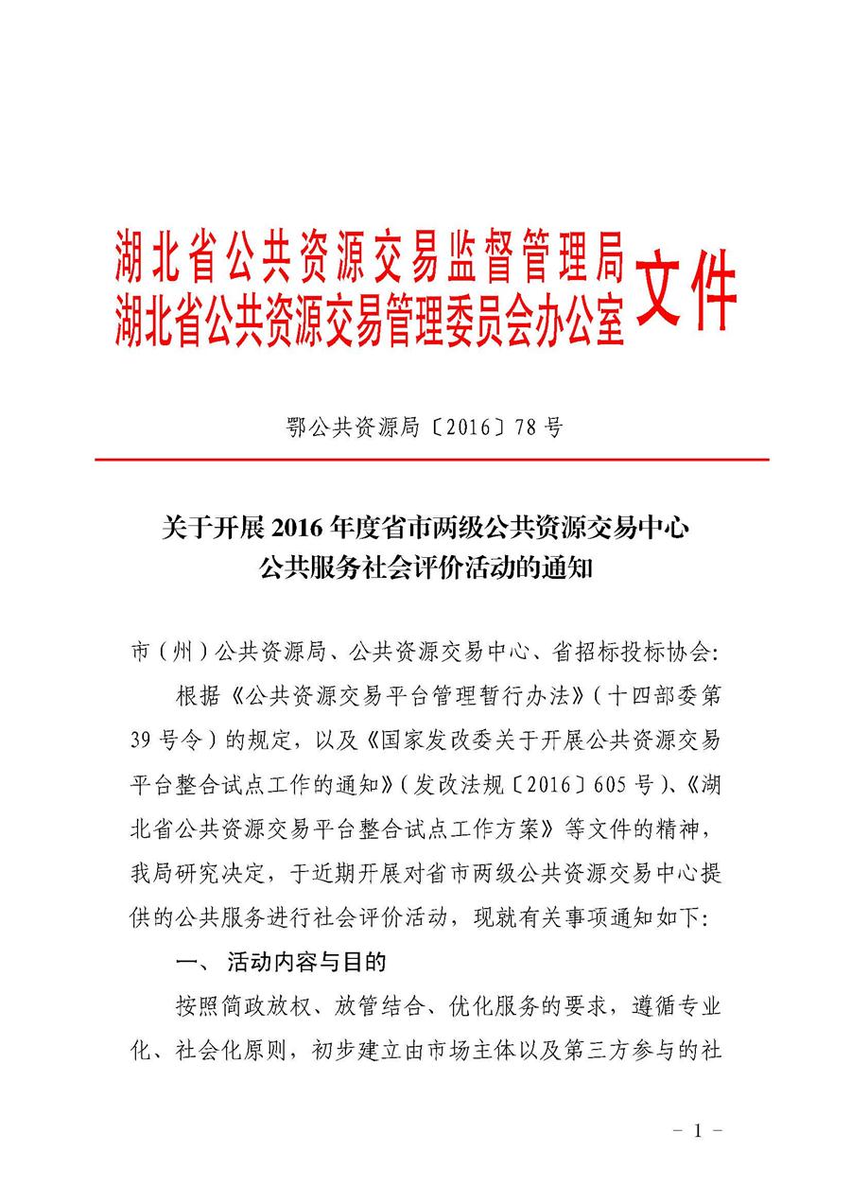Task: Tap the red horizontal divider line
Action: (431, 460)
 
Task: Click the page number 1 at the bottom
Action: (697, 1130)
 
